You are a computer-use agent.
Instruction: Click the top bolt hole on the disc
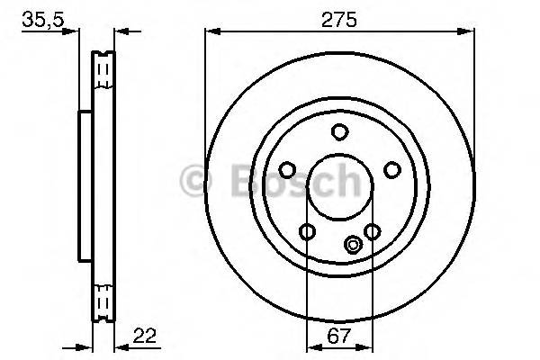[x=339, y=132]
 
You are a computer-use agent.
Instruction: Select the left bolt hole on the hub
[x=287, y=169]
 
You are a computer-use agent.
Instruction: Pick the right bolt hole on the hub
[x=391, y=169]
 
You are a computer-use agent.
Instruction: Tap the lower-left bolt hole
[x=307, y=232]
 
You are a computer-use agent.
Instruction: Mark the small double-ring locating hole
[x=353, y=242]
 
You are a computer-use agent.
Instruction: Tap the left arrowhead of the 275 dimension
[x=211, y=31]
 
